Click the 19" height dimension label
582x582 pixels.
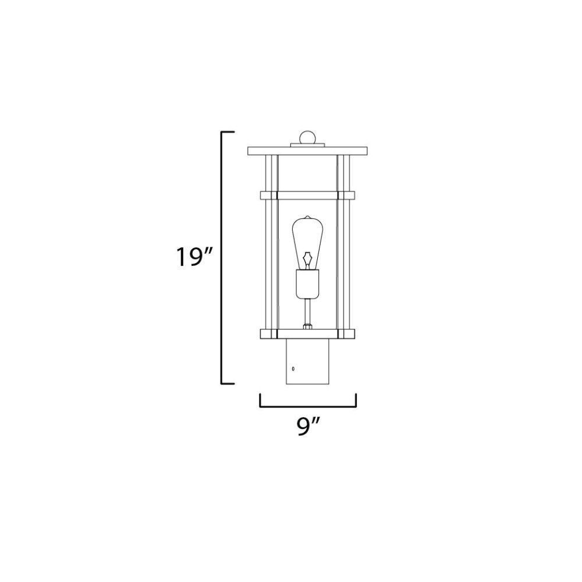194,257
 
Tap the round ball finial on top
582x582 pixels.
307,137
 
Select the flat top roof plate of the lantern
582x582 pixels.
307,151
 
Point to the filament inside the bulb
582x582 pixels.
307,260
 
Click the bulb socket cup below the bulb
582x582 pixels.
307,284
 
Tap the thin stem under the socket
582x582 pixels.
307,312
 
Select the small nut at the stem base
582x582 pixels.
307,327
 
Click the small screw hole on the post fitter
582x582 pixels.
293,368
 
